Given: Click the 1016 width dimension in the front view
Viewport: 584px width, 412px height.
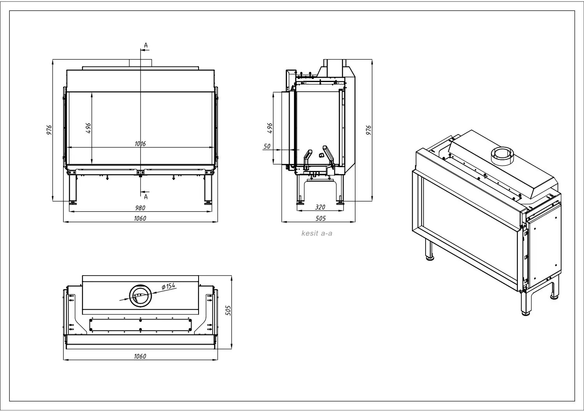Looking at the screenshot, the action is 140,144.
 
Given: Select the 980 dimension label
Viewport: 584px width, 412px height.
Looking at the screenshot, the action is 140,208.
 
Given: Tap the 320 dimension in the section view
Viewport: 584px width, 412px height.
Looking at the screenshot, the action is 320,207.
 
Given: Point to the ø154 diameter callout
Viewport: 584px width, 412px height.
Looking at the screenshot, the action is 169,286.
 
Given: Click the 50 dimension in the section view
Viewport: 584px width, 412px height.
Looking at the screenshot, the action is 267,146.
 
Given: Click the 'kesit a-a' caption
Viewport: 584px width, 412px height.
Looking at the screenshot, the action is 317,233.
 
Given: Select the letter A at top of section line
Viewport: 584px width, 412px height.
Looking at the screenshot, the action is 146,45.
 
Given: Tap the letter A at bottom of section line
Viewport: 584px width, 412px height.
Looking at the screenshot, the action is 146,197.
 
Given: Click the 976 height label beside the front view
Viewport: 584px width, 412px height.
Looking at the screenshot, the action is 49,130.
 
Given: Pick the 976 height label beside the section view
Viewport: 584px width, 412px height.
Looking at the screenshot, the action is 369,130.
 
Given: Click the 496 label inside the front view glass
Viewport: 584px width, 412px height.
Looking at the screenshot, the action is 88,128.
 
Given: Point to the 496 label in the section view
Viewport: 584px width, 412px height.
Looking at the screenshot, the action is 270,128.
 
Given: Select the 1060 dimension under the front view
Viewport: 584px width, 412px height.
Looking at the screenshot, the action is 140,218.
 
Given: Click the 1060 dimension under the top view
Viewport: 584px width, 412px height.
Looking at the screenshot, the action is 140,356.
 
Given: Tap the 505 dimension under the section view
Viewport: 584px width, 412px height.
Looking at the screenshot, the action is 320,218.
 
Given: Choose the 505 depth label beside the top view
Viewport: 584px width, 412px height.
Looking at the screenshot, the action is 228,311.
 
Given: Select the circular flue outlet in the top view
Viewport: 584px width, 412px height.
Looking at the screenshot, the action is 140,296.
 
